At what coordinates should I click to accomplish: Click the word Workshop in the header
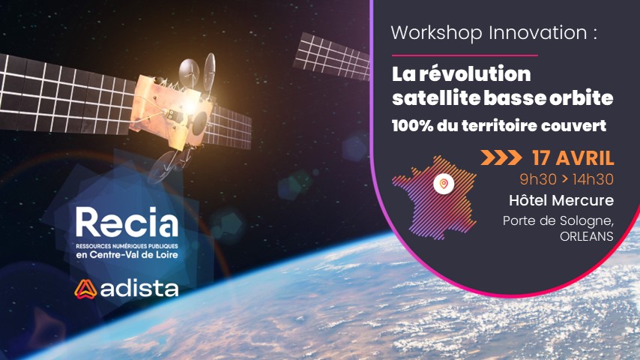[436, 34]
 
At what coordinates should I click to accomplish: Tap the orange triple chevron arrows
[501, 157]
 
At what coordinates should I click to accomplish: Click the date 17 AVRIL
[573, 158]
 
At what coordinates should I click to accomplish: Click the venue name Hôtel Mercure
[561, 200]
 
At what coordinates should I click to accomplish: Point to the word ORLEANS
[587, 236]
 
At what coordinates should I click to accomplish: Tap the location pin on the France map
[444, 184]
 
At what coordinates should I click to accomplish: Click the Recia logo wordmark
[127, 222]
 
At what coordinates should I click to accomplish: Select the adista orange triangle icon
[85, 289]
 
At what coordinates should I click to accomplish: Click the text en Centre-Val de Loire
[127, 255]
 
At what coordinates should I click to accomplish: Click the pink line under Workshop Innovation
[465, 55]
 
